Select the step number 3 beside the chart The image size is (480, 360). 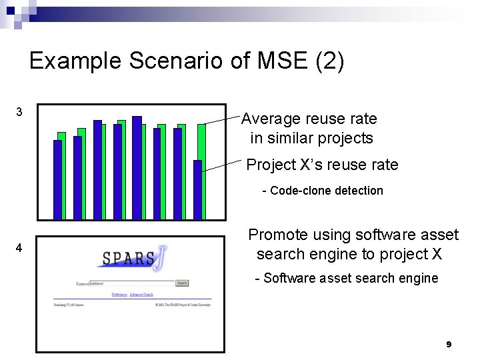[x=19, y=112]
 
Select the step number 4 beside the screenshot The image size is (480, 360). [x=19, y=248]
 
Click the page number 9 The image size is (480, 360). [x=448, y=345]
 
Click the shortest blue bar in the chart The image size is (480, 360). [x=197, y=189]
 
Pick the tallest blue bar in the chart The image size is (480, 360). [x=137, y=167]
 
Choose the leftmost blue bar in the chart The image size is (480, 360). [x=57, y=179]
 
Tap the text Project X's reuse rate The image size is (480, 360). [x=322, y=165]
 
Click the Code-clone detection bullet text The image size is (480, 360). [x=323, y=191]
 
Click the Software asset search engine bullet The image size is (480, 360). [x=347, y=279]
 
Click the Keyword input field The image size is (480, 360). [x=131, y=283]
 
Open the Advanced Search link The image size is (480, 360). [x=141, y=295]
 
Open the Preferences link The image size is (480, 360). [x=119, y=295]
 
